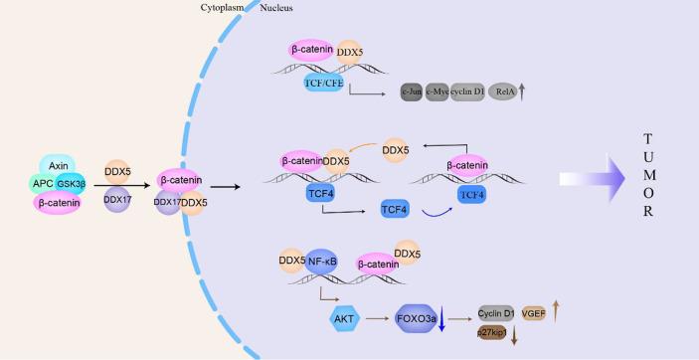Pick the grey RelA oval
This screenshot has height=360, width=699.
(x=501, y=92)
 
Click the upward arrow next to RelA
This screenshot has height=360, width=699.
(x=522, y=91)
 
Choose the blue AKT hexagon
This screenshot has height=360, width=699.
(x=343, y=318)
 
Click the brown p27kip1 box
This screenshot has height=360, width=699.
(x=493, y=331)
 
